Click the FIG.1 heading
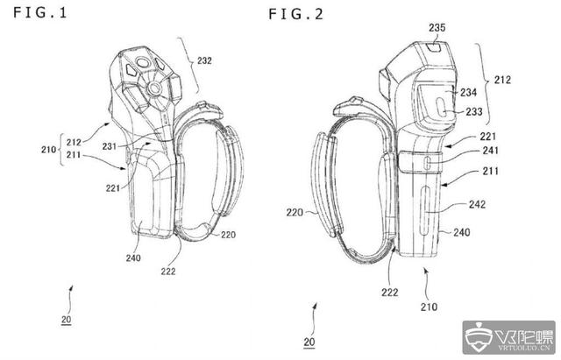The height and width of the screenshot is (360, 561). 40,13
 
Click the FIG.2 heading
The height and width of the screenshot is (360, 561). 296,14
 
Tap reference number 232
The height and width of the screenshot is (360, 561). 204,60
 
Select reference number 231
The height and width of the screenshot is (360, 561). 110,146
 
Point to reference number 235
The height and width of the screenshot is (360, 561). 437,27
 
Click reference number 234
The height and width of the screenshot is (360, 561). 468,93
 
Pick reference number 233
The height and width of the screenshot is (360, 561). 474,112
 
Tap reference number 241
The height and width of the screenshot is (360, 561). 491,151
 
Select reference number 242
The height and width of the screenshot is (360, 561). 477,204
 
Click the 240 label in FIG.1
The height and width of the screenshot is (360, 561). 133,258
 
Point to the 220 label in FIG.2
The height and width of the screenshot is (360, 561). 295,213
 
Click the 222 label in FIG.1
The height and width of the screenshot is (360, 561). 167,272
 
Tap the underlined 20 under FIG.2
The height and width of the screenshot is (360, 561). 309,342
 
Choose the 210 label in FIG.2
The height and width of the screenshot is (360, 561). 429,307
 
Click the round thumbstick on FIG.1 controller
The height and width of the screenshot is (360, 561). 154,88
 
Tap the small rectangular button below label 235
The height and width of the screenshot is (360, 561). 435,46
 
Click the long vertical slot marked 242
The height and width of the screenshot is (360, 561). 424,211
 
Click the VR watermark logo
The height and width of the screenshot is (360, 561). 508,337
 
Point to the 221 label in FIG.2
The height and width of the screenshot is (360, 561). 487,137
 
